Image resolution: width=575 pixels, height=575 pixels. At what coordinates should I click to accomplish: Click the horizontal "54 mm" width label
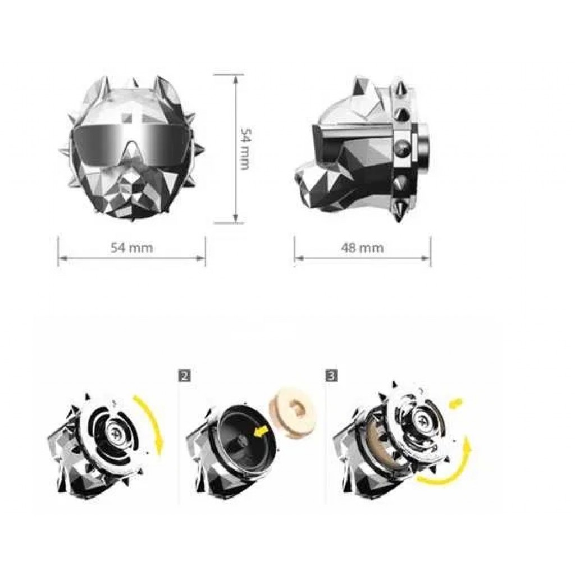point(132,248)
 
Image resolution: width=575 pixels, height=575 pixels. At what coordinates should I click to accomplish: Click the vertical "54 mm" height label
point(245,148)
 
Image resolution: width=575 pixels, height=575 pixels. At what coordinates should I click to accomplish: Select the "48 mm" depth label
point(362,248)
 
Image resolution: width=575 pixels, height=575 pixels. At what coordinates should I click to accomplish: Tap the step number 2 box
point(184,376)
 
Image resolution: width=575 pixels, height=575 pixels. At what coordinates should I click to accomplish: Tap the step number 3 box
point(331,376)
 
